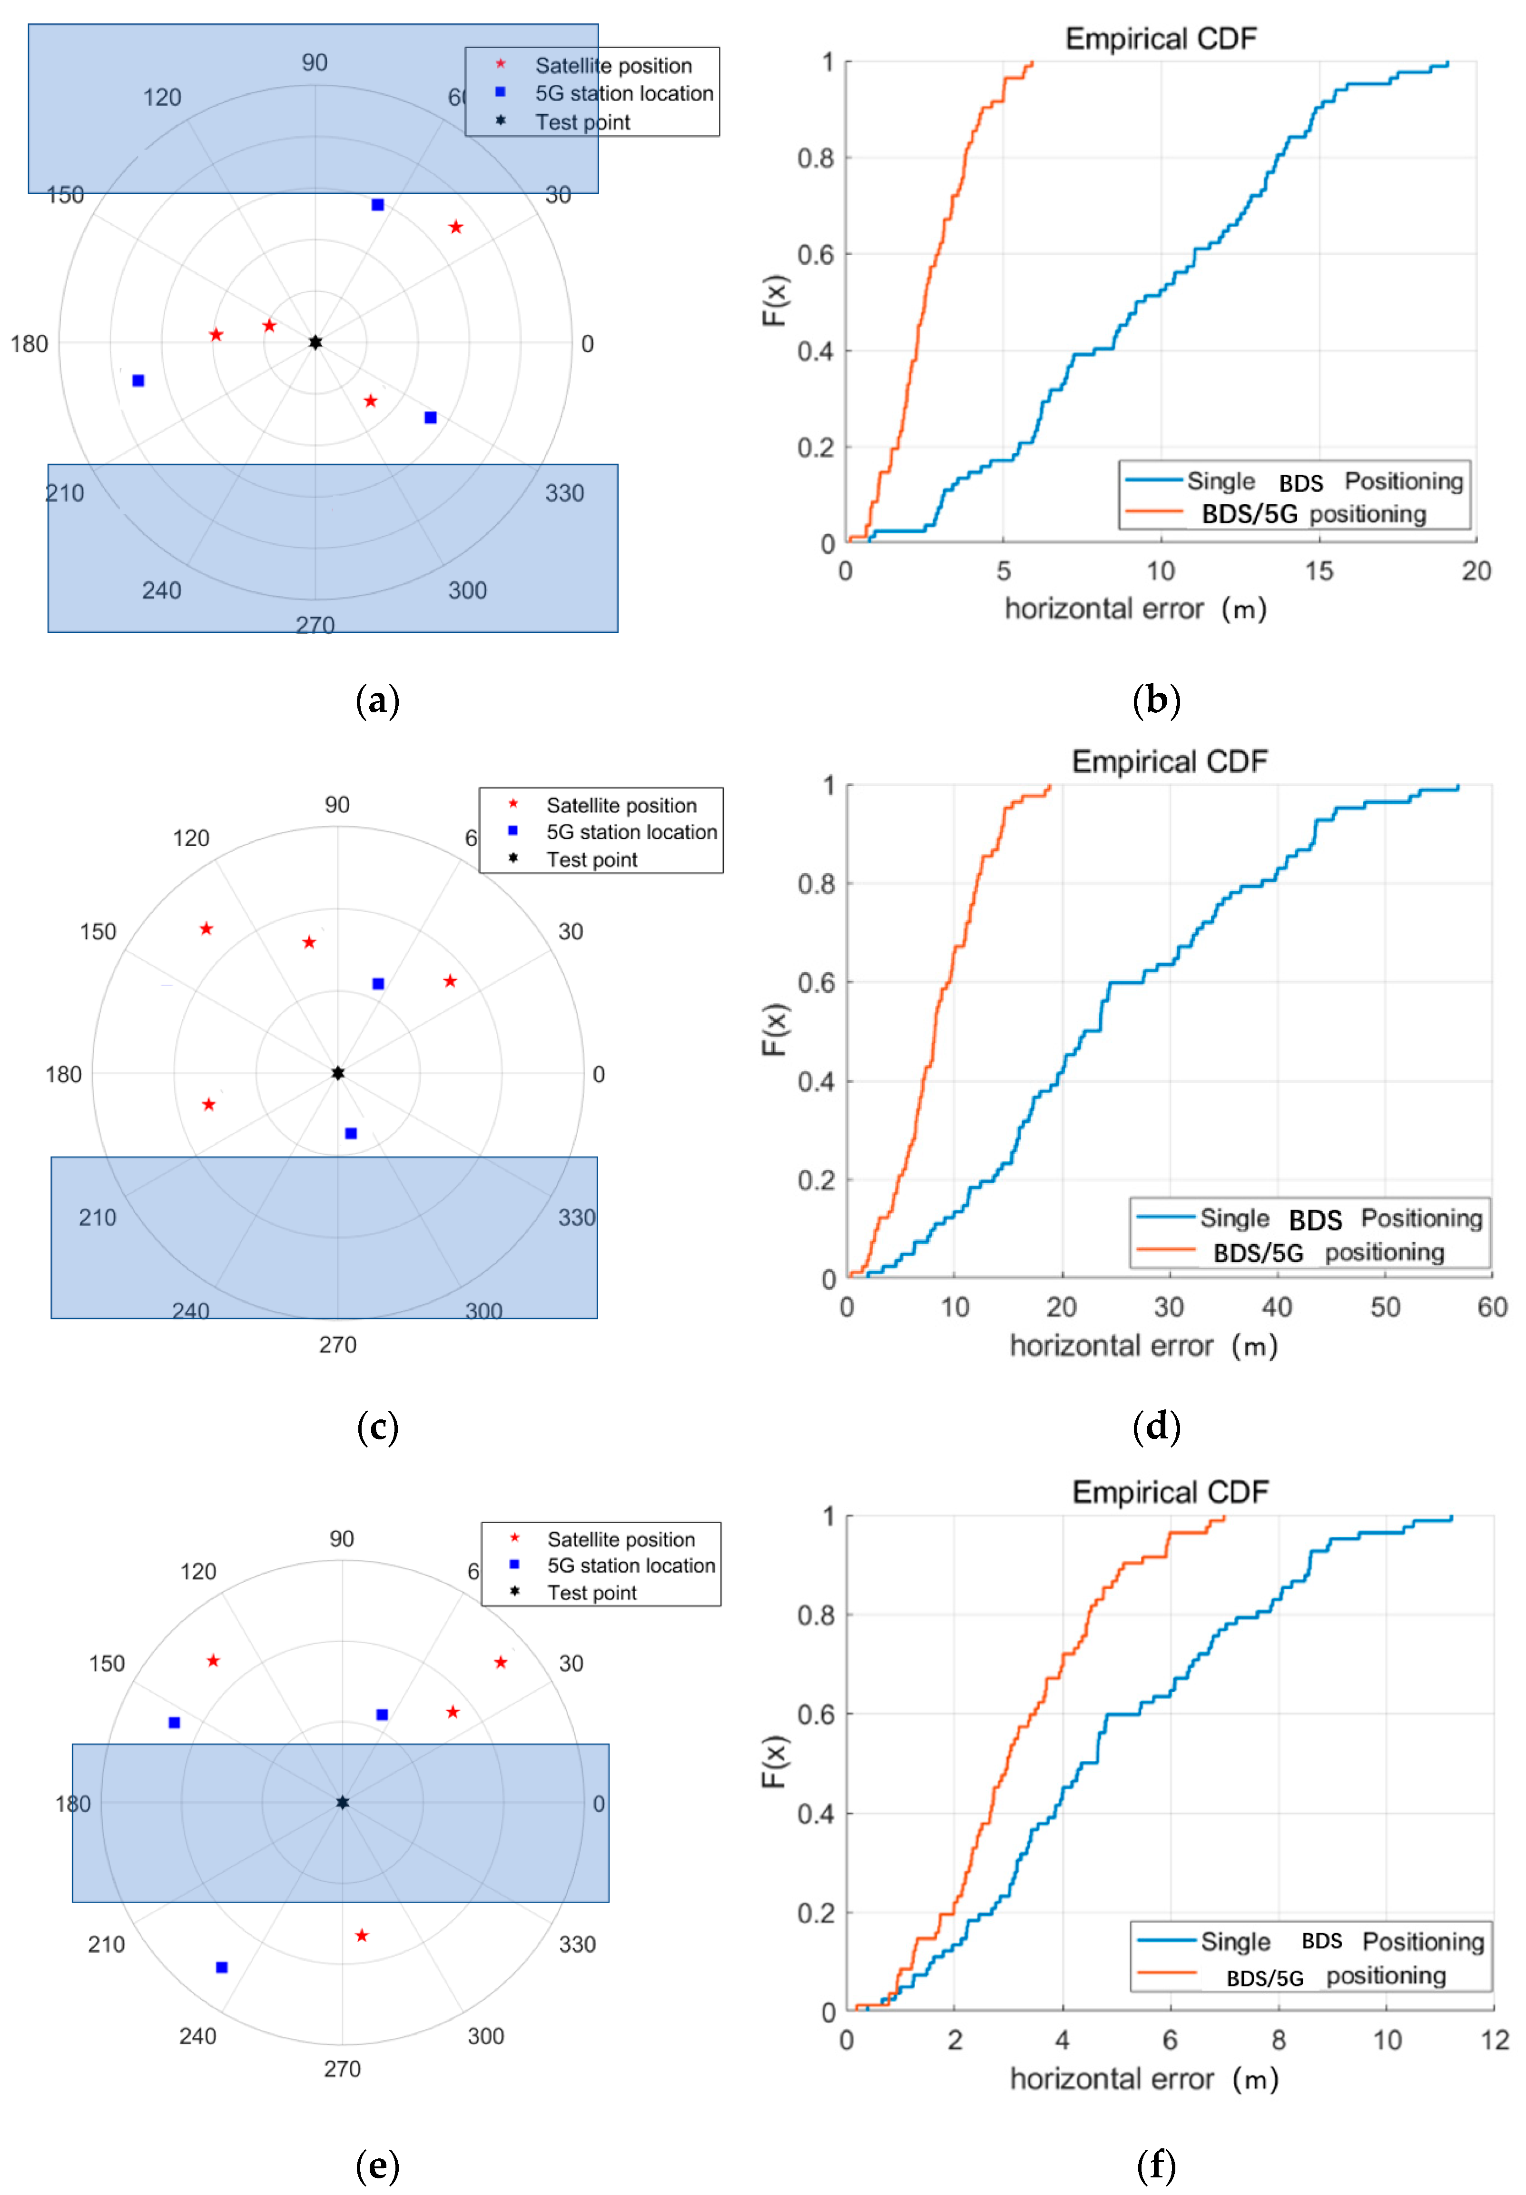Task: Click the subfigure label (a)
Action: [376, 701]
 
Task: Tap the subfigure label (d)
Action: [1155, 1427]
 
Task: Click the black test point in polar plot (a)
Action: [315, 342]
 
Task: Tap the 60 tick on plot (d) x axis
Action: [1492, 1307]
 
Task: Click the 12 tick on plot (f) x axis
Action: [1495, 2040]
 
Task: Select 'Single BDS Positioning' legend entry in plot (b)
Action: [1323, 482]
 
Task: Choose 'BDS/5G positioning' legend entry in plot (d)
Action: [1328, 1252]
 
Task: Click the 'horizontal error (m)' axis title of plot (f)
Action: [1144, 2079]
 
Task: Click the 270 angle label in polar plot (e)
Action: [342, 2069]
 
